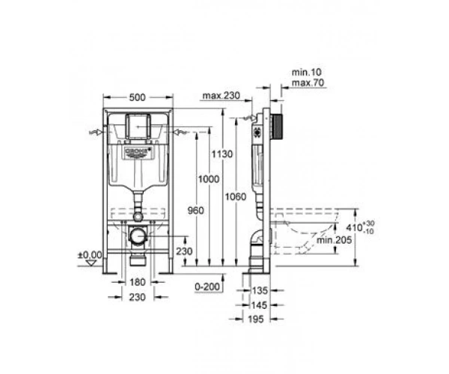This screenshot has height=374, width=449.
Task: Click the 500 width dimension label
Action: pos(138,97)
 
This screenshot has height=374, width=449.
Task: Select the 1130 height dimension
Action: pos(222,154)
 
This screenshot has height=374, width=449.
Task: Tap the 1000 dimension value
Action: pos(209,180)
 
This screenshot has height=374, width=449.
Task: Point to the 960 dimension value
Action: pos(196,211)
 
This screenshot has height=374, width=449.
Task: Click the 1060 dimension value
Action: pos(236,197)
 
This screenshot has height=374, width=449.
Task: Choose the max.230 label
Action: pos(221,96)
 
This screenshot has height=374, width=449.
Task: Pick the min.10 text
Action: pos(306,72)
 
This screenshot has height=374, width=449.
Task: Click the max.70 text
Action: pos(308,83)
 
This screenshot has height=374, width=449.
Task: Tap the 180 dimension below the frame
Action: pos(138,283)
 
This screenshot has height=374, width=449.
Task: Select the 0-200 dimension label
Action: pos(207,286)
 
